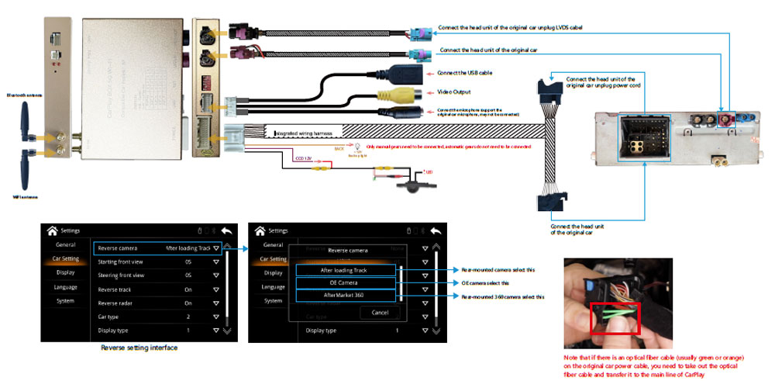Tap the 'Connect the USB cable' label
click(x=464, y=73)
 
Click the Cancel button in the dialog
click(x=380, y=312)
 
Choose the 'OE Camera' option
click(x=348, y=283)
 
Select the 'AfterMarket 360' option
click(x=348, y=296)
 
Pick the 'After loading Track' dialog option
click(x=348, y=270)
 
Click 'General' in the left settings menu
click(x=66, y=244)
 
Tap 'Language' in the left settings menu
click(x=66, y=286)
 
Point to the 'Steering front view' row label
click(x=121, y=275)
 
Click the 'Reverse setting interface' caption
click(x=139, y=348)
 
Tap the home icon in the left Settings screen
click(x=53, y=230)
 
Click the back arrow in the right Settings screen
click(x=436, y=230)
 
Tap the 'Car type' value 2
click(x=188, y=317)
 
